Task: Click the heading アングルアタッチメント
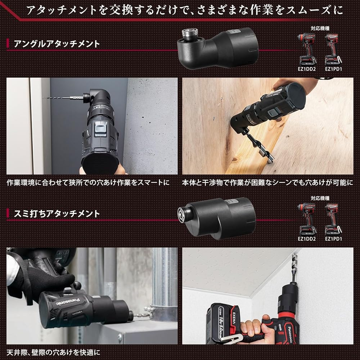(x=57, y=44)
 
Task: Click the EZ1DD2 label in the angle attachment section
(x=307, y=69)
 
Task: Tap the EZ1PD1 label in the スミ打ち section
(x=333, y=239)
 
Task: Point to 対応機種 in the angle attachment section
(x=320, y=28)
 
